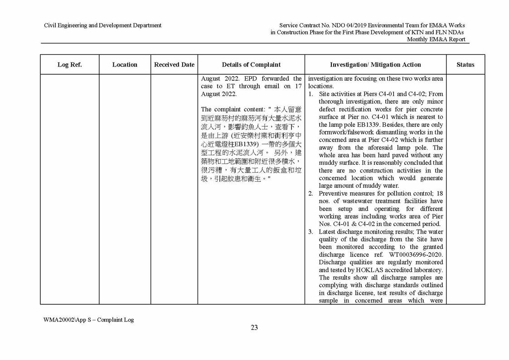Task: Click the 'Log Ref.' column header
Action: click(69, 65)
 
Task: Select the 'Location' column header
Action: click(125, 65)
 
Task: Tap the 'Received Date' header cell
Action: click(174, 65)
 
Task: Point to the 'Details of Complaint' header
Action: click(251, 65)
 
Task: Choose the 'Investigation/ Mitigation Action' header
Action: click(375, 65)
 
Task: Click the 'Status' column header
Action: click(465, 65)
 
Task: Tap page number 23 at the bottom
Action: click(254, 327)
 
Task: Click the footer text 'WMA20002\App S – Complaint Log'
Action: click(88, 320)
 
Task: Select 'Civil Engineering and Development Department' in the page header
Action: click(102, 25)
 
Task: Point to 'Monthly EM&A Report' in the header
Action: click(436, 39)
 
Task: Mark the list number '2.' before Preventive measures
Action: click(311, 193)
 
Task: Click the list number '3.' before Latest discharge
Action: click(311, 232)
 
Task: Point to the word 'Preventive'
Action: click(334, 193)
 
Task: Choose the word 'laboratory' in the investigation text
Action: click(427, 270)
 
